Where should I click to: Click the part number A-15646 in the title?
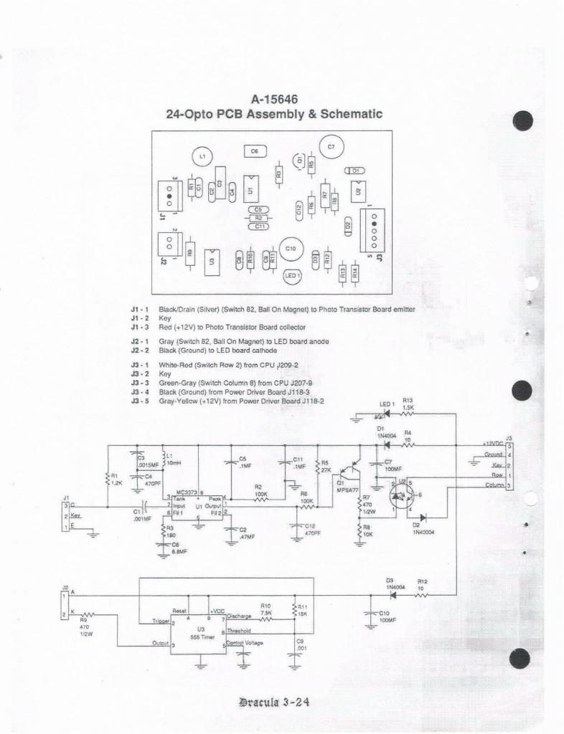274,99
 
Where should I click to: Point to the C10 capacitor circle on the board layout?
291,248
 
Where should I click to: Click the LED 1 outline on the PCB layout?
293,275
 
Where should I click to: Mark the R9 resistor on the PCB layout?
189,252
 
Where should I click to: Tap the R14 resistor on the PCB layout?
354,272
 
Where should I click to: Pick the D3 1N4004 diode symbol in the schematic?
391,594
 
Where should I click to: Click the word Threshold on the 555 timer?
239,631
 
